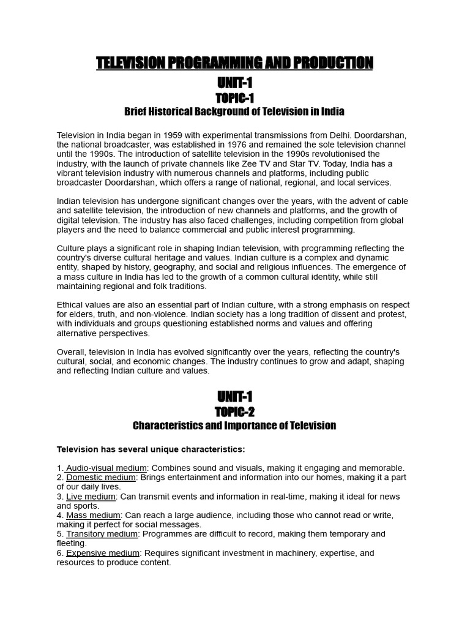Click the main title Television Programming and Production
click(x=234, y=63)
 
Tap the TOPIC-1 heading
click(x=234, y=98)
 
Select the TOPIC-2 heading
click(x=234, y=412)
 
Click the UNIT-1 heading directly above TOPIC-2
click(x=234, y=396)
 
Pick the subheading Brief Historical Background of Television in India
click(x=234, y=111)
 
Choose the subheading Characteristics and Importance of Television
click(x=234, y=426)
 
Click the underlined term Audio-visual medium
click(x=106, y=468)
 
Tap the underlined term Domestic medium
click(x=100, y=478)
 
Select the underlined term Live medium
click(x=91, y=497)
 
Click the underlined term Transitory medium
click(x=102, y=534)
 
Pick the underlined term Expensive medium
click(x=103, y=553)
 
